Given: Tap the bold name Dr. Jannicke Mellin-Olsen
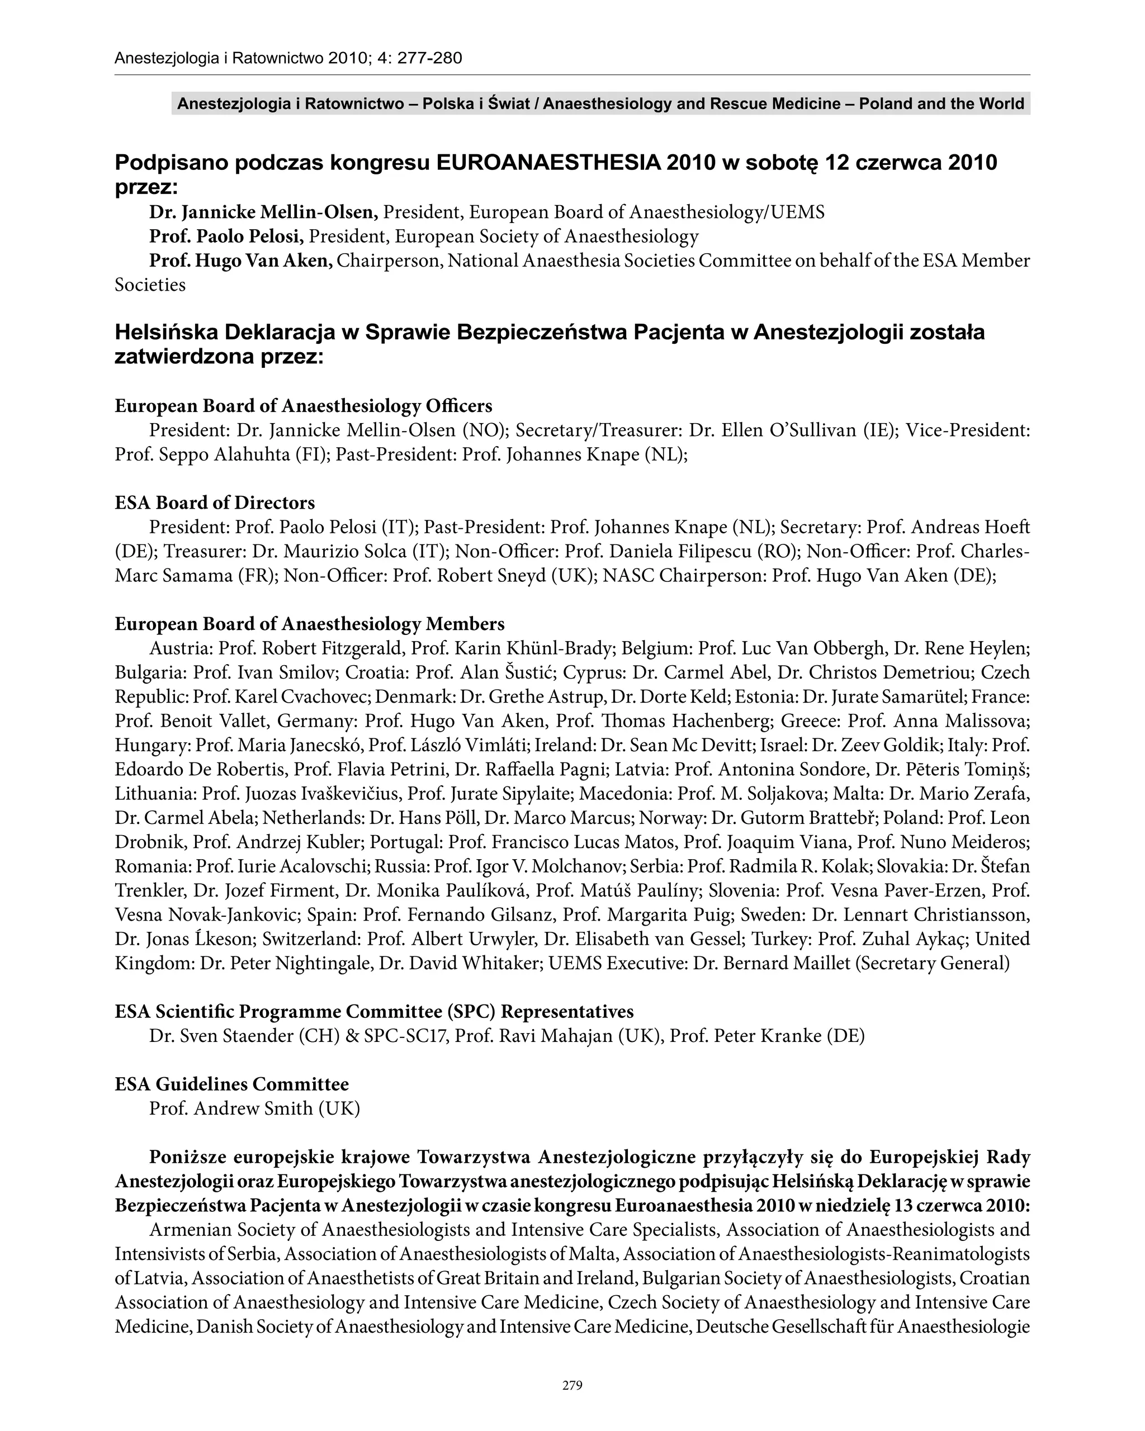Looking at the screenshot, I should click(263, 212).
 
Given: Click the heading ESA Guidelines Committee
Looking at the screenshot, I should click(231, 1084).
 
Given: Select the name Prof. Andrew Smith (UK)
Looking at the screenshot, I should click(254, 1108).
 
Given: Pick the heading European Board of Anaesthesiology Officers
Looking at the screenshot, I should click(304, 405).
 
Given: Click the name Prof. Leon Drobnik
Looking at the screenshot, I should click(989, 818).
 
